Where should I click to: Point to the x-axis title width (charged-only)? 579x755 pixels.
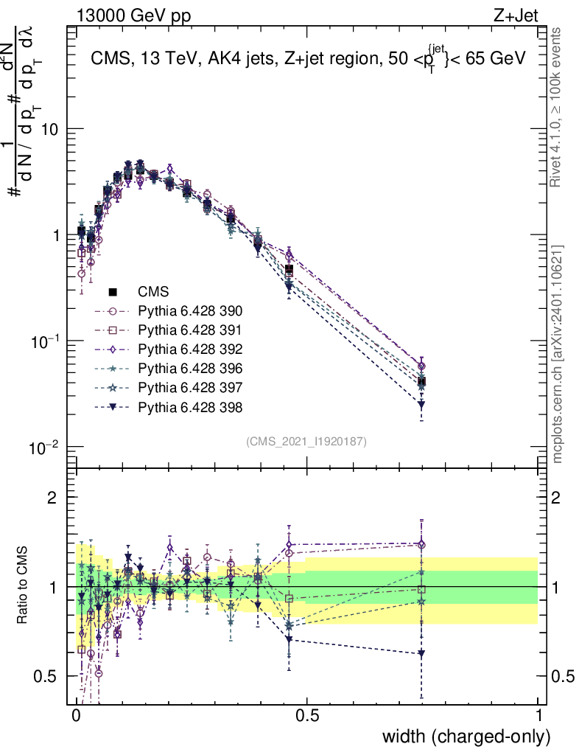click(466, 737)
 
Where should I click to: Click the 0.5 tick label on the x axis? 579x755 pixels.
click(307, 716)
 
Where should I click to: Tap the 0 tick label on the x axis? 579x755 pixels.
click(77, 716)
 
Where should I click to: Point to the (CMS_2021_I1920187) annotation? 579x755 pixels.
click(306, 441)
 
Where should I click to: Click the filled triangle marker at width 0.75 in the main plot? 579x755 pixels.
click(421, 405)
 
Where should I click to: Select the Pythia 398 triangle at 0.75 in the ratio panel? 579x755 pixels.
click(421, 653)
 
